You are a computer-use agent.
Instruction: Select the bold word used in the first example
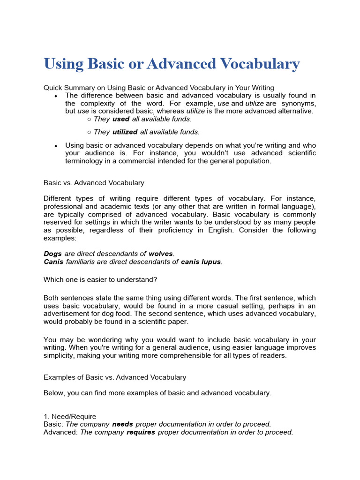pyautogui.click(x=121, y=119)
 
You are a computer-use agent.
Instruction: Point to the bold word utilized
pyautogui.click(x=125, y=132)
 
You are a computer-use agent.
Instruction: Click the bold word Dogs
pyautogui.click(x=52, y=254)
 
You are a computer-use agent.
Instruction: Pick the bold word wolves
pyautogui.click(x=161, y=254)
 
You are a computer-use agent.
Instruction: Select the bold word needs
pyautogui.click(x=122, y=424)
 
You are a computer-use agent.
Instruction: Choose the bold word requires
pyautogui.click(x=141, y=432)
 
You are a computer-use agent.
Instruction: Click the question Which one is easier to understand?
pyautogui.click(x=100, y=280)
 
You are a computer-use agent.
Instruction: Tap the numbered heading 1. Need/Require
pyautogui.click(x=70, y=416)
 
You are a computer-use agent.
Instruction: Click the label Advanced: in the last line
pyautogui.click(x=61, y=432)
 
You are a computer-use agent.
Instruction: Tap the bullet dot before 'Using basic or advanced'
pyautogui.click(x=56, y=146)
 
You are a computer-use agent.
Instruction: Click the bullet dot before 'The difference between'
pyautogui.click(x=56, y=96)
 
